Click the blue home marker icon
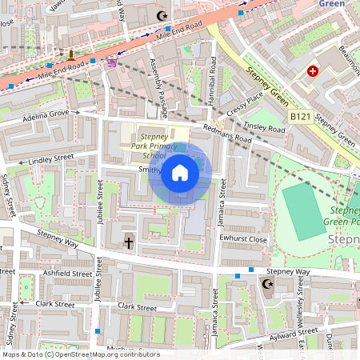tap(180, 173)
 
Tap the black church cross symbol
tap(128, 242)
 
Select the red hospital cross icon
tap(313, 71)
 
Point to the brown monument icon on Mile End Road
tap(71, 55)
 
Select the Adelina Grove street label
tap(49, 116)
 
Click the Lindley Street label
tap(50, 159)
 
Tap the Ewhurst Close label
tap(246, 239)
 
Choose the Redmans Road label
tap(227, 134)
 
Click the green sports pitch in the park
tap(304, 208)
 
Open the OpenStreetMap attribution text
tap(80, 354)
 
